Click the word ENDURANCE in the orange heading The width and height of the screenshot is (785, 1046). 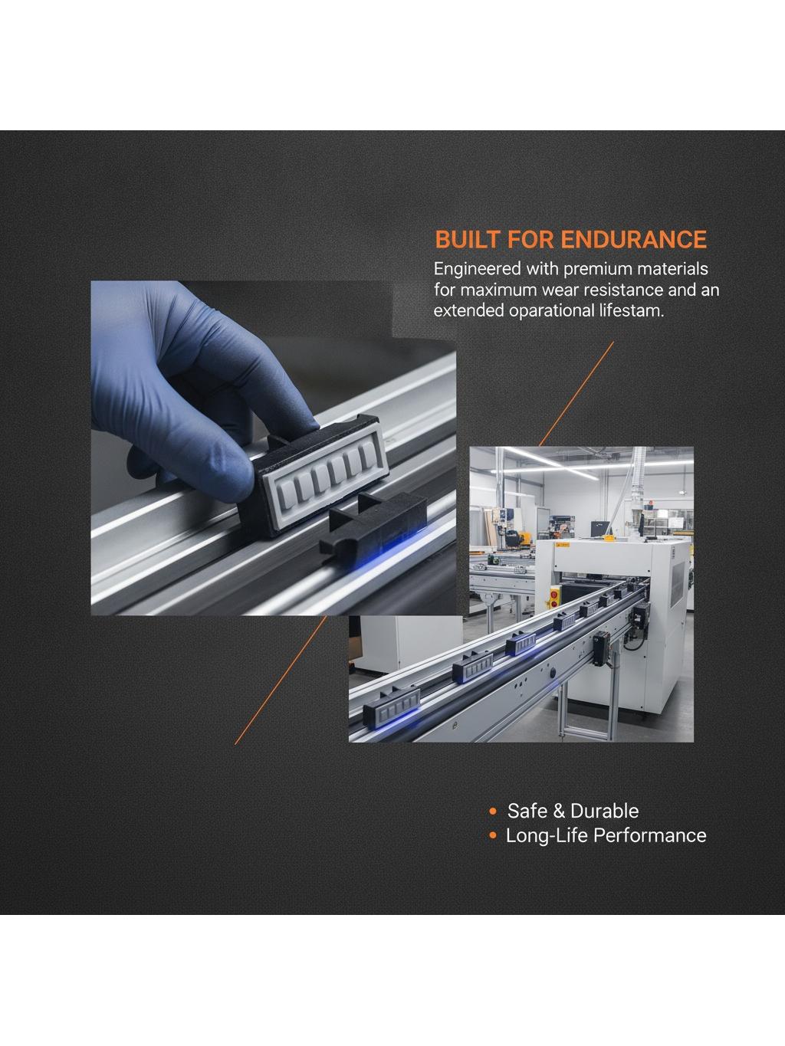(633, 240)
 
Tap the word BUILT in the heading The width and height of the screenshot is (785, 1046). (468, 240)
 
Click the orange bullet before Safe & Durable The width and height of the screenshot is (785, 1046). (493, 811)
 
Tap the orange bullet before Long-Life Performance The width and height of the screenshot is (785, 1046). (493, 835)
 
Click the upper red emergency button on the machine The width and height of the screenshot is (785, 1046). (554, 594)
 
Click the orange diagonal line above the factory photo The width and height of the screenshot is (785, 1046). (576, 394)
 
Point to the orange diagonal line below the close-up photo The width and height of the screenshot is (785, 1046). (281, 680)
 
